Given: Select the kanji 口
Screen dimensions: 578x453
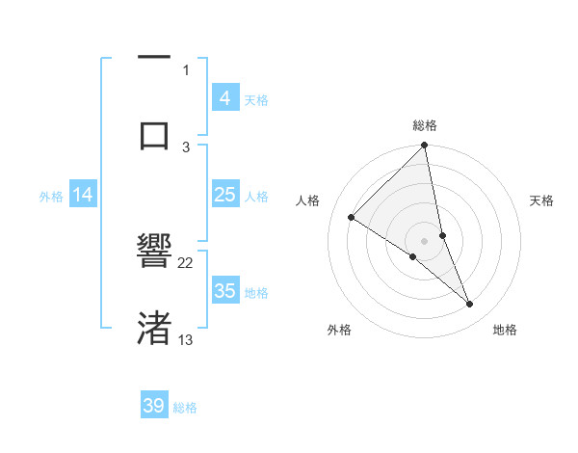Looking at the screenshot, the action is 154,135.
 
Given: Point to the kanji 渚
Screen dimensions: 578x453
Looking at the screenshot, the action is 154,329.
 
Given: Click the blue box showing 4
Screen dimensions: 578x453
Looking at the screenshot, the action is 224,97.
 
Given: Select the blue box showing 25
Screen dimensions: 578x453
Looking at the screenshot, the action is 224,195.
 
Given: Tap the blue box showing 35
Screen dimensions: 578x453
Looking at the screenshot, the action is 224,291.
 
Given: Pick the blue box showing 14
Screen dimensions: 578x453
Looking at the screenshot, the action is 83,195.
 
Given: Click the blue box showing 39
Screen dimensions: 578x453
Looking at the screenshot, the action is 154,406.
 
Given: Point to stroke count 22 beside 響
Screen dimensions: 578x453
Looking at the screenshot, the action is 186,262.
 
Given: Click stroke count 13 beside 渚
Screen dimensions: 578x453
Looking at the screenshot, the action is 186,339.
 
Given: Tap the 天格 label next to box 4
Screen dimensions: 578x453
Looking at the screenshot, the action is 256,99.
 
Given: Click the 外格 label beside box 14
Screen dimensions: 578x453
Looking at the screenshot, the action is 51,196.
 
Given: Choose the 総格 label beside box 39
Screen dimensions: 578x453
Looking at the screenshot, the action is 185,408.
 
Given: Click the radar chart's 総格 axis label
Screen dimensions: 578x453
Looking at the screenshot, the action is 425,125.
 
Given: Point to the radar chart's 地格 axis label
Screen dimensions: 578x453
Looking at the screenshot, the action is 505,331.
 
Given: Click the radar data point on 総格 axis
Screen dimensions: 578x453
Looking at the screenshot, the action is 425,146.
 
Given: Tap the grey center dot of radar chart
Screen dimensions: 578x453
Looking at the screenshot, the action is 425,240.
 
